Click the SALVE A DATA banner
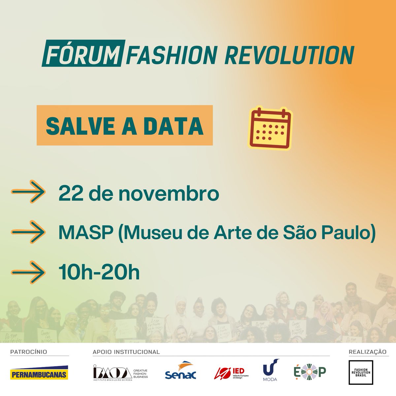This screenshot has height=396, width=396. [124, 125]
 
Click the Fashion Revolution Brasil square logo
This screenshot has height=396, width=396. [362, 372]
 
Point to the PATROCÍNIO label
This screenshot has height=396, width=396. [29, 352]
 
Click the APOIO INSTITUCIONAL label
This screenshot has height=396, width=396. [126, 352]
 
